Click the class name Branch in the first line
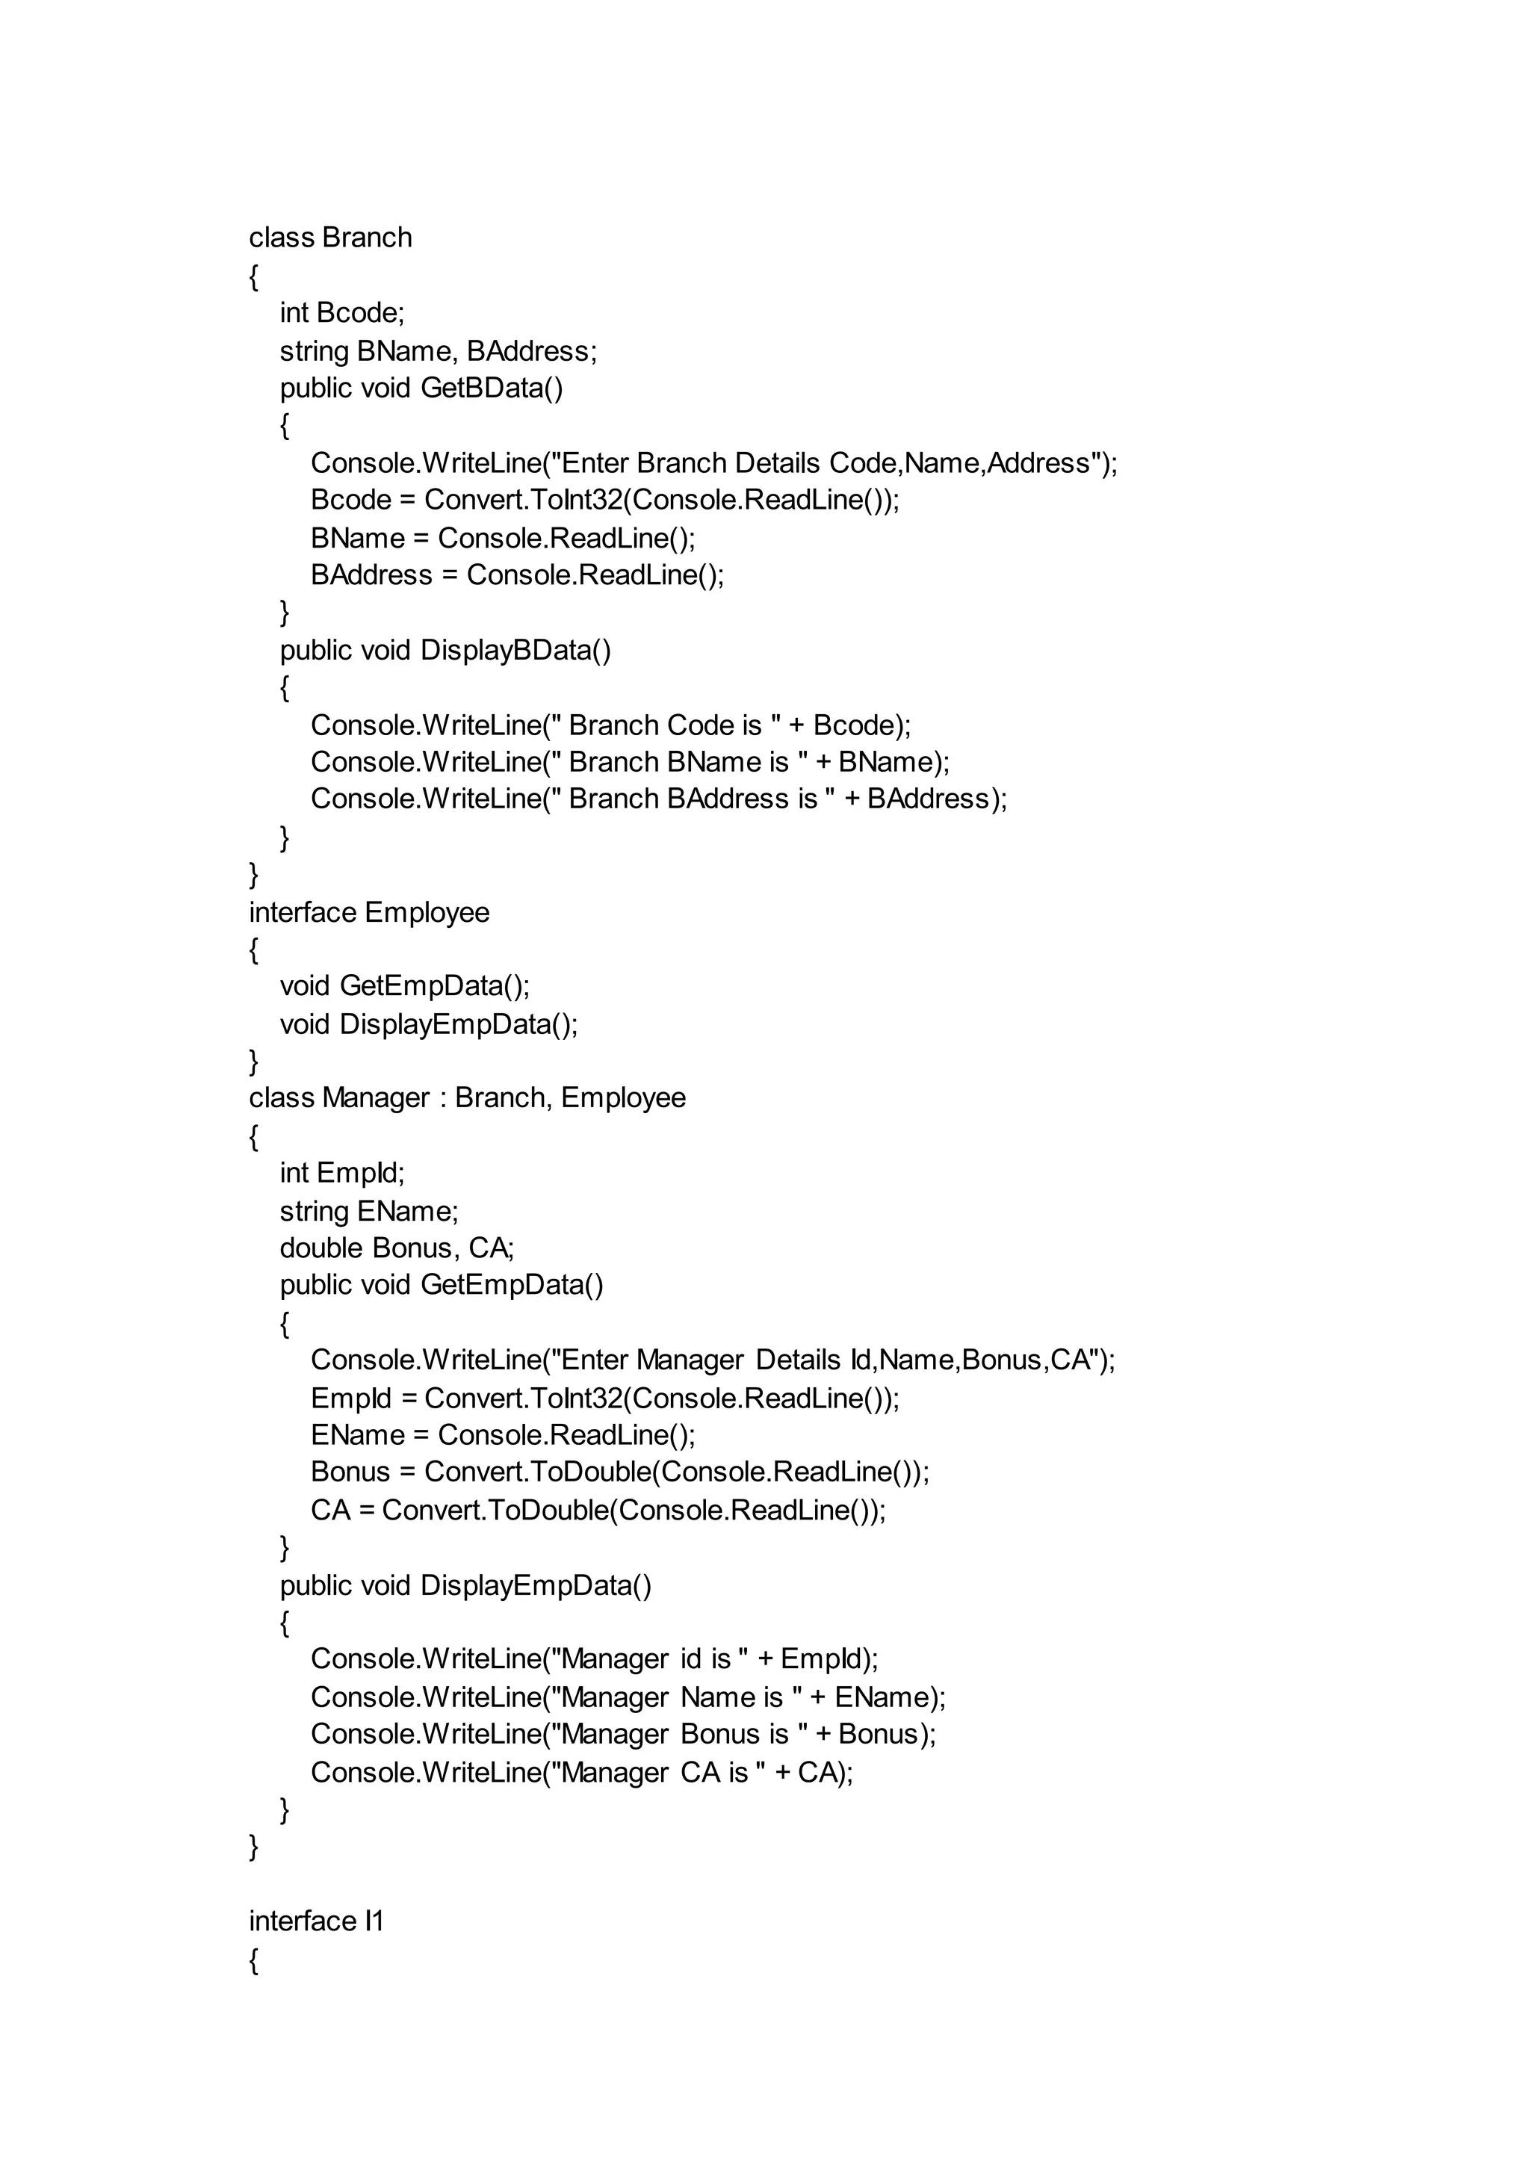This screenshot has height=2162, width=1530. [367, 238]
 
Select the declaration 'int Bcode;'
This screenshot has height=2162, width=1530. [341, 313]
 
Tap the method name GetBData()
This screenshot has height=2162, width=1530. [491, 388]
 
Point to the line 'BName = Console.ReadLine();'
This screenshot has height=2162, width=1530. [502, 538]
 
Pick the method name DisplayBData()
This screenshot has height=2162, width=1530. [515, 650]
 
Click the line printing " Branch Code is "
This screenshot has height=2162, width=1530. [610, 725]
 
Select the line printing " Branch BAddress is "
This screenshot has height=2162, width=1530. [658, 799]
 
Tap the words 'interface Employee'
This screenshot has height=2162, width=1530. [368, 912]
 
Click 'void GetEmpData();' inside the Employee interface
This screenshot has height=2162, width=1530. [404, 986]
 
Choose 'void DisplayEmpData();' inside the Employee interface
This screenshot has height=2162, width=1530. [428, 1024]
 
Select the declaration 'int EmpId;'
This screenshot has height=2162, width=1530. [341, 1173]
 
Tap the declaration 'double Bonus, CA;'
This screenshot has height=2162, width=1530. [397, 1248]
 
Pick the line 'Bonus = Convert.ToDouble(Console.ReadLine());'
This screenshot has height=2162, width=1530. [619, 1472]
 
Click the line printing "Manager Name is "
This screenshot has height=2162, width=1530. [628, 1697]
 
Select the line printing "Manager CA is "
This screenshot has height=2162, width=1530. [581, 1773]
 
